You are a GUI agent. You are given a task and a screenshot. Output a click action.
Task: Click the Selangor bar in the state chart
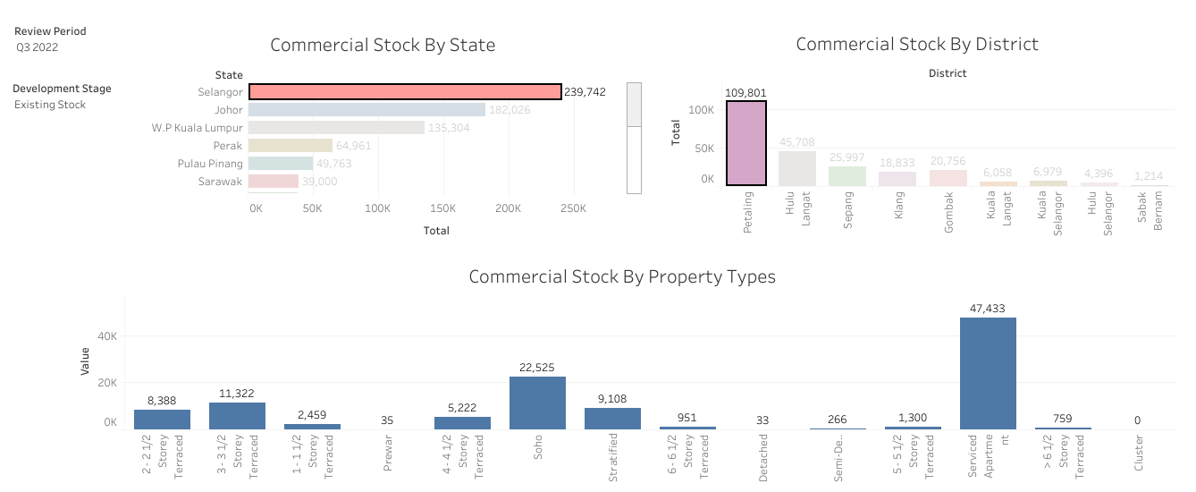click(404, 91)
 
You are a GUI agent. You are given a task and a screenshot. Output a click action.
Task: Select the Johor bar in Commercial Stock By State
click(366, 110)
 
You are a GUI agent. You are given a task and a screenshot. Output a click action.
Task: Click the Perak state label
click(227, 146)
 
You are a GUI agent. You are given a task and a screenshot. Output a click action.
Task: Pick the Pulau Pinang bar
click(281, 164)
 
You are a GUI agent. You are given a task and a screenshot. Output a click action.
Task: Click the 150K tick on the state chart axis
click(442, 208)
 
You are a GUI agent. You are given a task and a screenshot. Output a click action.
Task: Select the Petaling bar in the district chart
click(745, 143)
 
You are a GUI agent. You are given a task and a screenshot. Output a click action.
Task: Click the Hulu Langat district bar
click(796, 168)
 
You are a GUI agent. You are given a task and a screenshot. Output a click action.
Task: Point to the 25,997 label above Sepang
click(846, 157)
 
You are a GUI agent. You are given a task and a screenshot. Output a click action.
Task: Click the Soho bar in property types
click(537, 403)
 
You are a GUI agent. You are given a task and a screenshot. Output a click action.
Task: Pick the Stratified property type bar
click(612, 419)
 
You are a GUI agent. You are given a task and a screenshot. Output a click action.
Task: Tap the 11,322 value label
click(237, 393)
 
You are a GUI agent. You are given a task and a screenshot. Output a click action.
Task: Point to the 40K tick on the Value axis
click(106, 336)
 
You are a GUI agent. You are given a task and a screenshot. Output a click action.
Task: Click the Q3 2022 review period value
click(37, 47)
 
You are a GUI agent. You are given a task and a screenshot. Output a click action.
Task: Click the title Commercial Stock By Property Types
click(621, 276)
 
